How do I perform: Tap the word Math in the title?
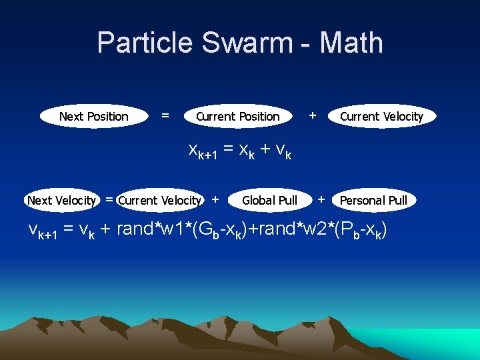(351, 43)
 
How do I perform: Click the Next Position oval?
(93, 117)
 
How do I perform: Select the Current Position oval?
(238, 117)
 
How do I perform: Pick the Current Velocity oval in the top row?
(381, 117)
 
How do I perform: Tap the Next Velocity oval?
(61, 200)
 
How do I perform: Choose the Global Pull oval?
(269, 200)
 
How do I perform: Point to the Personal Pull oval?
(373, 200)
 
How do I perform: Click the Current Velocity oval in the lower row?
(159, 200)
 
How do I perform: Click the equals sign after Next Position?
(165, 116)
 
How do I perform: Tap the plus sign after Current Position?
(311, 115)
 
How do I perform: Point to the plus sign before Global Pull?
(215, 199)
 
